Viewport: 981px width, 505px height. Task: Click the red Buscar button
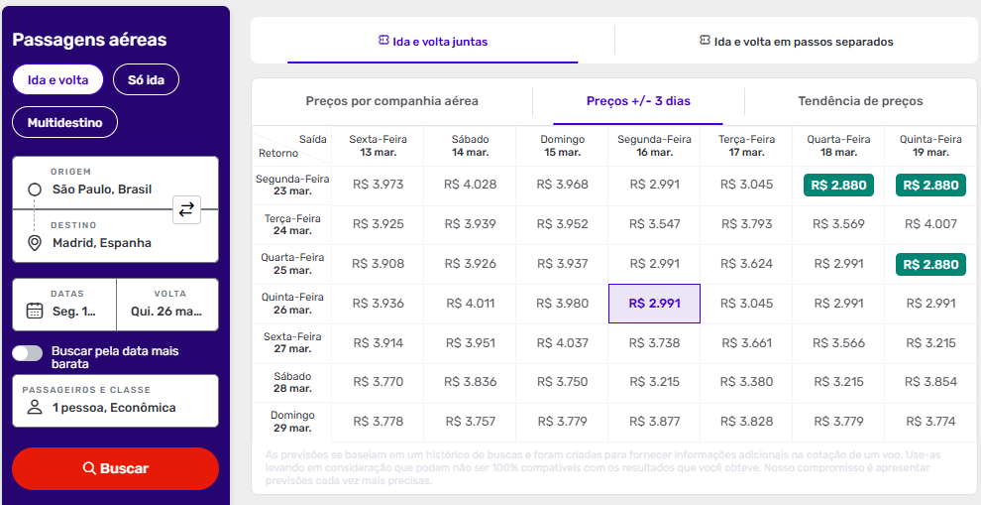pos(115,468)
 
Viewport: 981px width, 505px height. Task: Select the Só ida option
pos(146,79)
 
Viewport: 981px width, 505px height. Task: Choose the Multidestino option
pos(64,123)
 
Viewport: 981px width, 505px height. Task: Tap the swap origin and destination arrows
pos(186,209)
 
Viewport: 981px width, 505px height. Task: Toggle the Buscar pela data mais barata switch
pos(28,353)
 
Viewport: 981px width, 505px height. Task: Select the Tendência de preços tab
pos(860,101)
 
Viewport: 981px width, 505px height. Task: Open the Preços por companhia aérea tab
pos(391,101)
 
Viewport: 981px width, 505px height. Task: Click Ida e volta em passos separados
pos(796,42)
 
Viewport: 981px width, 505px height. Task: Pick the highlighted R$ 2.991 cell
pos(654,304)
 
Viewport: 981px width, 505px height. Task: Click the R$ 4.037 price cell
pos(562,343)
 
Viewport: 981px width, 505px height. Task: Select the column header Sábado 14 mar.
pos(470,146)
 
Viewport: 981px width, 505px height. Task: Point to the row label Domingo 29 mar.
pos(292,422)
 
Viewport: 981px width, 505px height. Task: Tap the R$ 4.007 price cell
pos(930,224)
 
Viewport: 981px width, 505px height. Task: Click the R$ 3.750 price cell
pos(562,382)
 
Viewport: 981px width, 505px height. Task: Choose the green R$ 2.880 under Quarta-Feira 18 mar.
pos(838,186)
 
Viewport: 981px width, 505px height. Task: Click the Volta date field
pos(166,304)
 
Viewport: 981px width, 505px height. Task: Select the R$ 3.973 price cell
pos(378,186)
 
